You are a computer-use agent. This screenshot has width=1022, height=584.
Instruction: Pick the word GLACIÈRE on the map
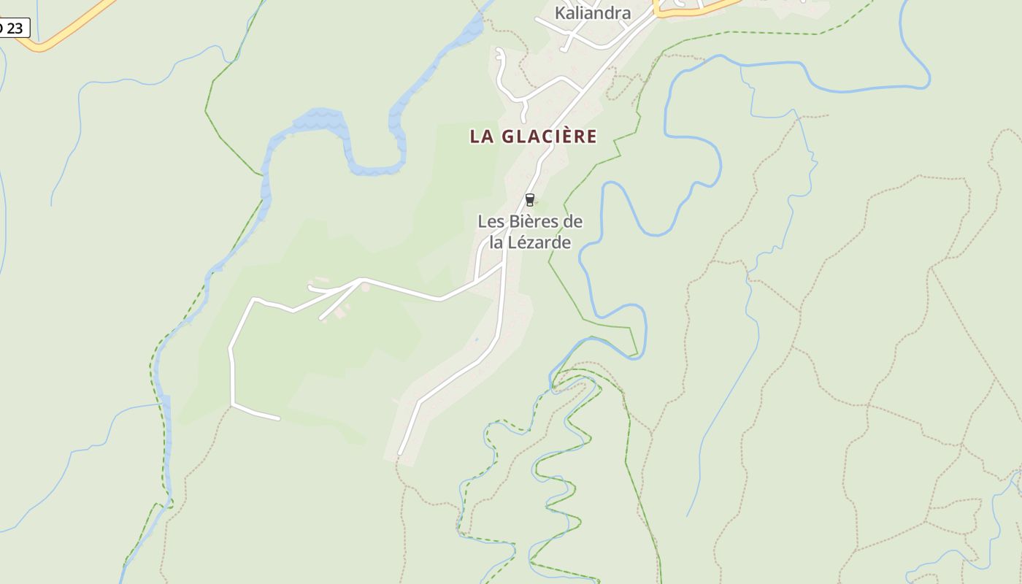click(547, 137)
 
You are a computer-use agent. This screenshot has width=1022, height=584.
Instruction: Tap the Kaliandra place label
click(593, 12)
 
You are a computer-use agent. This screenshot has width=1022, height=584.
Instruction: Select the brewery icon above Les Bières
click(530, 199)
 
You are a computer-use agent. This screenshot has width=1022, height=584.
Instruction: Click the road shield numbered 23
click(12, 28)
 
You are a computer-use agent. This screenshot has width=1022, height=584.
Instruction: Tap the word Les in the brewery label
click(491, 221)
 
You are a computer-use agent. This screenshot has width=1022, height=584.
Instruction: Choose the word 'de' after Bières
click(574, 221)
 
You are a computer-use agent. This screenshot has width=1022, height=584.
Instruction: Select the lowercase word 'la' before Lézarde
click(496, 242)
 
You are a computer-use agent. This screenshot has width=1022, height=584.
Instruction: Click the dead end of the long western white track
click(279, 419)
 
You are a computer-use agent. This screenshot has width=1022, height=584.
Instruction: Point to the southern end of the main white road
click(399, 453)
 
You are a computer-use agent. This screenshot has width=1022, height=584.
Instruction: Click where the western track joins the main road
click(503, 264)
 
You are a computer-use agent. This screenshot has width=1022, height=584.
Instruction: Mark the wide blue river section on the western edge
click(167, 438)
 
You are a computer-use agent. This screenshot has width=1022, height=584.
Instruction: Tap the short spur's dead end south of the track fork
click(321, 318)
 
